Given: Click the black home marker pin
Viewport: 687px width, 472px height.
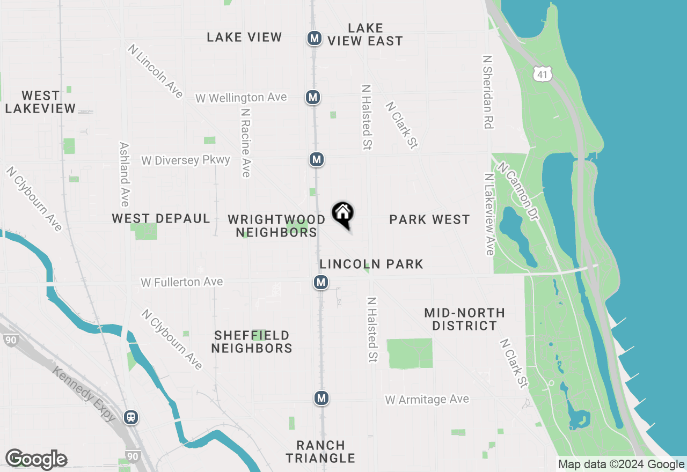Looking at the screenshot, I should coord(342,213).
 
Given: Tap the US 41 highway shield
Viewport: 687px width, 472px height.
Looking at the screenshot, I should coord(543,75).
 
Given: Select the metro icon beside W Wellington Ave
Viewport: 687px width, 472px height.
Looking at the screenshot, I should coord(313,97).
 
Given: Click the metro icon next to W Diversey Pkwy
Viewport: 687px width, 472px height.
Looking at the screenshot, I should coord(317,159).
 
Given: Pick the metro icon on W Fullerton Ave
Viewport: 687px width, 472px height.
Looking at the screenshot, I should coord(321,282).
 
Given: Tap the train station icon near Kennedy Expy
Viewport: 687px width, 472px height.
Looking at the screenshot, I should coord(130,417).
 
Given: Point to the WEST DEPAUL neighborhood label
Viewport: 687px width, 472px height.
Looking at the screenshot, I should coord(161,219).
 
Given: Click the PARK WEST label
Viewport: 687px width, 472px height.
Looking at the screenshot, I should coord(429,219).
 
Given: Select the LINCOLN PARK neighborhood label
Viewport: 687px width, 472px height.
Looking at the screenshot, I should coord(371,264).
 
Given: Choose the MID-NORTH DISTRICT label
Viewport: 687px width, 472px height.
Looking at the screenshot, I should coord(464,319).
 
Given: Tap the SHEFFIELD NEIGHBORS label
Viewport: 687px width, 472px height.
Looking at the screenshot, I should coord(252,342).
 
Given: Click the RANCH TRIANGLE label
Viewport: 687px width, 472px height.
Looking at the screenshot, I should coord(320,452).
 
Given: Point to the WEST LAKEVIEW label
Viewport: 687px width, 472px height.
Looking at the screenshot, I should coord(40,102).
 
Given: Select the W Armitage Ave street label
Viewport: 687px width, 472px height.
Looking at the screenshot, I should coord(427,400).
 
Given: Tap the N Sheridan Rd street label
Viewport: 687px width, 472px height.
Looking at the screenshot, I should coord(487,92).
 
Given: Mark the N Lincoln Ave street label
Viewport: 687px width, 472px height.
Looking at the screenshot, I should coord(156,71).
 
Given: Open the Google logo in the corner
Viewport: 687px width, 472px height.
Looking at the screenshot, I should coord(36,460).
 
